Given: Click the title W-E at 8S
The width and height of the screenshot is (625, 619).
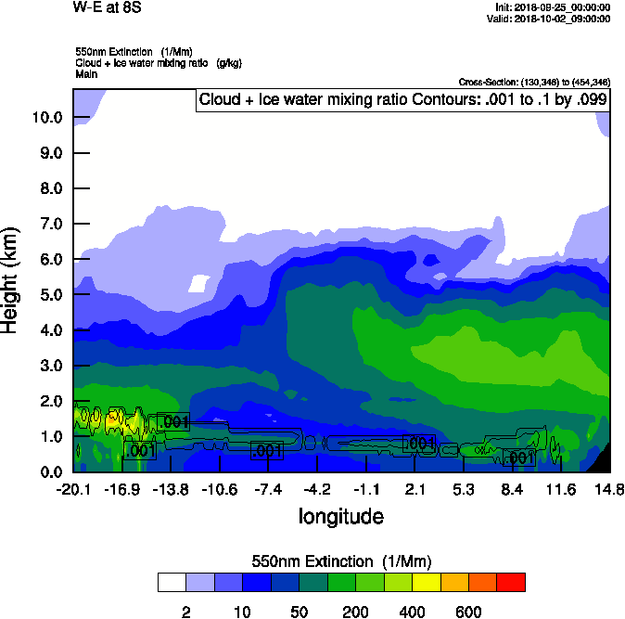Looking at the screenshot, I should [x=108, y=7].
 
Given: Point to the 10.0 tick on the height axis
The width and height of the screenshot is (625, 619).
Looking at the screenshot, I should [x=47, y=118].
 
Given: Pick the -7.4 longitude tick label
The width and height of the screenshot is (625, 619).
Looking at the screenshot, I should [x=269, y=489].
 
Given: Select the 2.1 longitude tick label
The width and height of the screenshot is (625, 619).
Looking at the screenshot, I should [x=415, y=489].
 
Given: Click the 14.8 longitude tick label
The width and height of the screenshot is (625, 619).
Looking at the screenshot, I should [x=609, y=489].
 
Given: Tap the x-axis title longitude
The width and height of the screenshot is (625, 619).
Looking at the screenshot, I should [x=340, y=515].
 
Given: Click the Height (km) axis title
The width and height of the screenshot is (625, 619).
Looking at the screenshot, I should [x=11, y=278].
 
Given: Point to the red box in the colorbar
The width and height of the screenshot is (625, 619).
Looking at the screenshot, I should [x=511, y=583].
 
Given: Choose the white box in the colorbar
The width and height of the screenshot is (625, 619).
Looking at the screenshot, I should [x=172, y=583].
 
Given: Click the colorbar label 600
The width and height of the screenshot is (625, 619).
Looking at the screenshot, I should [x=468, y=612].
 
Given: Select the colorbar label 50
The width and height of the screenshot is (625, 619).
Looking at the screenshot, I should [x=299, y=612].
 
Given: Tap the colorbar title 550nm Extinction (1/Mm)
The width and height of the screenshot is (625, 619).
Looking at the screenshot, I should [x=340, y=561].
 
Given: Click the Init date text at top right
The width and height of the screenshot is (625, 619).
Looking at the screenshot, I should [x=554, y=8].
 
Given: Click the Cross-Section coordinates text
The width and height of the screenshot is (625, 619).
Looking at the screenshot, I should [x=534, y=83].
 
